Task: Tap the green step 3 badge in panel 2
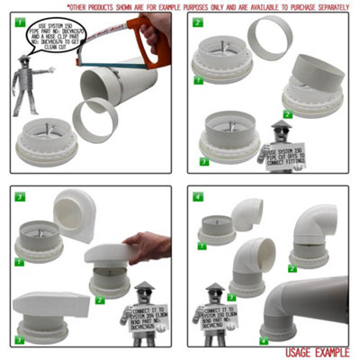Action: (x=204, y=163)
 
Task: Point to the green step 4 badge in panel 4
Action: (x=263, y=341)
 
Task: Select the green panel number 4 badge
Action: (x=196, y=193)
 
